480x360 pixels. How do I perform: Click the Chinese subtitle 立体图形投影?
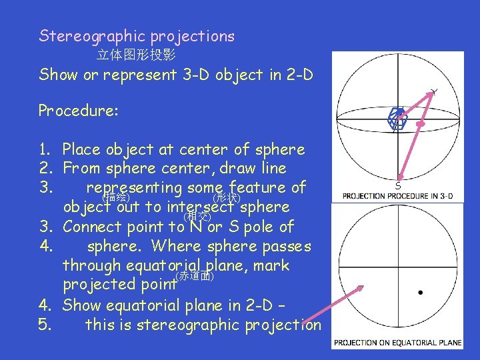pyautogui.click(x=136, y=55)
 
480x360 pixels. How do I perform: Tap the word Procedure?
pyautogui.click(x=78, y=111)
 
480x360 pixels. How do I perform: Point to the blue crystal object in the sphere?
pyautogui.click(x=397, y=118)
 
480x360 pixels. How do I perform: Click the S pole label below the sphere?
pyautogui.click(x=398, y=186)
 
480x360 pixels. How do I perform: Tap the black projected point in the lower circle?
pyautogui.click(x=420, y=292)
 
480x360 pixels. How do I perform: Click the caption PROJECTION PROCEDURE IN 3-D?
pyautogui.click(x=397, y=196)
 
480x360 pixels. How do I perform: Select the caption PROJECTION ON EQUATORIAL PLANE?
pyautogui.click(x=398, y=343)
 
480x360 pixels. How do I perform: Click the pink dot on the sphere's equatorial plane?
pyautogui.click(x=421, y=123)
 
